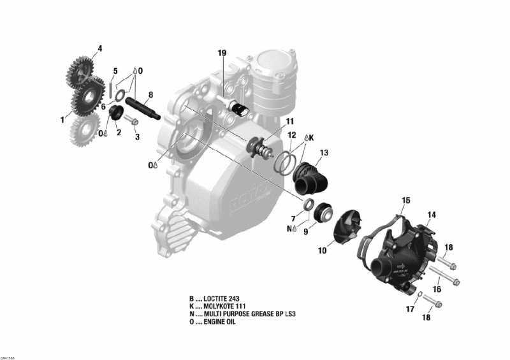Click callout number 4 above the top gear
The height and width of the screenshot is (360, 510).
tap(99, 48)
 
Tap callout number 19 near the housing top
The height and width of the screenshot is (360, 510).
tap(222, 53)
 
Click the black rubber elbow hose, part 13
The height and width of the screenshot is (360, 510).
tap(312, 176)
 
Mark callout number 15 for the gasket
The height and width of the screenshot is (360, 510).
tap(405, 200)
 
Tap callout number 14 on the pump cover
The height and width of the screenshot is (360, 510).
tap(432, 215)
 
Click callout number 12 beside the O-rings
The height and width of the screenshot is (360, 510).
tap(291, 135)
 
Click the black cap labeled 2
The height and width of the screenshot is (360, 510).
tap(116, 117)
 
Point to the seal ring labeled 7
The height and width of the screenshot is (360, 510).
tap(309, 204)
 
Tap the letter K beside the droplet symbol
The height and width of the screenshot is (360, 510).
tap(312, 137)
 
